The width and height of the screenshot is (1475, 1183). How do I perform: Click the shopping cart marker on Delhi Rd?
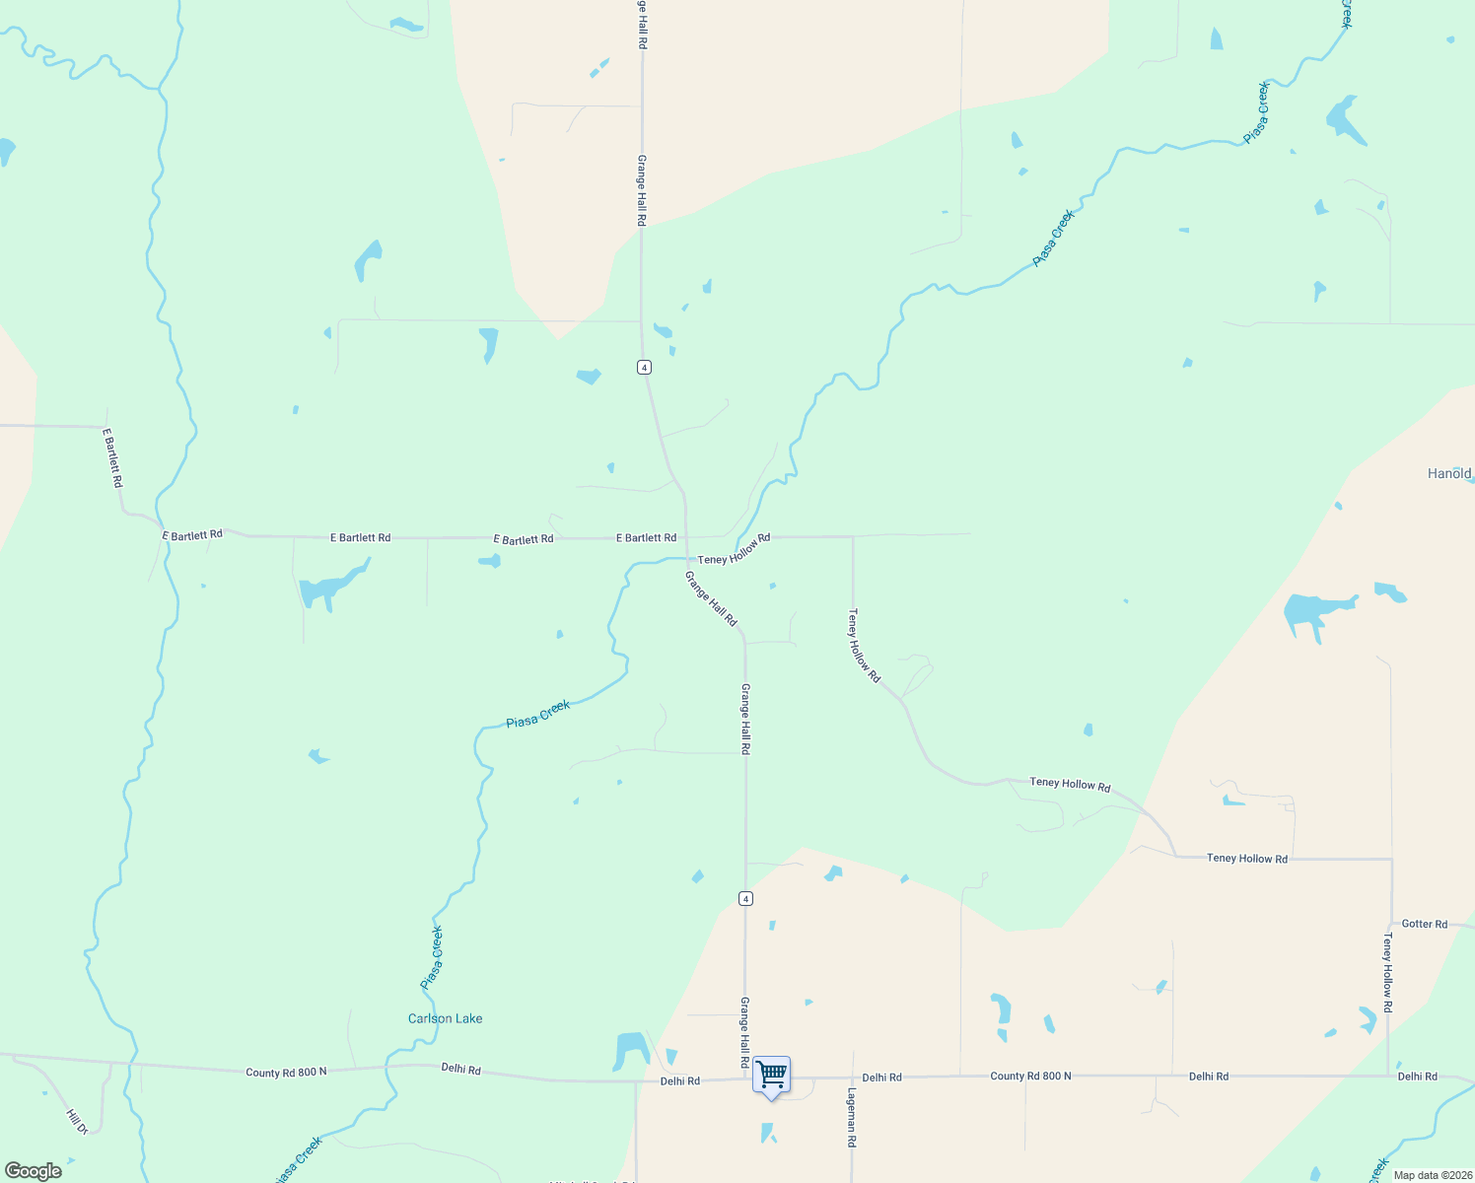pos(771,1076)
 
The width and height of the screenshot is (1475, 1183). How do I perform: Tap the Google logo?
pos(34,1170)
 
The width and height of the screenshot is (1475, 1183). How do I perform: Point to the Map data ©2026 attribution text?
pos(1432,1175)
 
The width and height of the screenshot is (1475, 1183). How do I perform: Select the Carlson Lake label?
pos(445,1018)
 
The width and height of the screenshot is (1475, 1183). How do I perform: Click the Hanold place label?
pos(1448,473)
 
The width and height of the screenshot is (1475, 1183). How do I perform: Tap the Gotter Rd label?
pos(1424,924)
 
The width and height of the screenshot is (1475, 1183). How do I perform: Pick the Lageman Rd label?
pos(852,1117)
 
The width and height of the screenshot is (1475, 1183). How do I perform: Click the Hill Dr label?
pos(77,1121)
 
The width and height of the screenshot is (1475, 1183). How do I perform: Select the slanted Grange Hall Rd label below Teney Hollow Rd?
pos(711,598)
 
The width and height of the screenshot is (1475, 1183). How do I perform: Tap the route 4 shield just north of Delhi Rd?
pos(745,898)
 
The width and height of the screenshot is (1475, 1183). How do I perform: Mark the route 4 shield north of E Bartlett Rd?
pos(644,367)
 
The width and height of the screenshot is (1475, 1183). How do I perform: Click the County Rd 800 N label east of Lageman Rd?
pos(1030,1076)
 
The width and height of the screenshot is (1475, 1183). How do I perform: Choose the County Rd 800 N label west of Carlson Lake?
pos(286,1072)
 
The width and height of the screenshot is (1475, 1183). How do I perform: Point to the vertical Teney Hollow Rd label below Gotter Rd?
pos(1387,973)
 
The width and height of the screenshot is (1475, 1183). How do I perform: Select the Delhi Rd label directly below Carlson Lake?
pos(460,1069)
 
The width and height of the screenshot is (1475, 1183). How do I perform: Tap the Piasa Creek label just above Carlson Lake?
pos(432,956)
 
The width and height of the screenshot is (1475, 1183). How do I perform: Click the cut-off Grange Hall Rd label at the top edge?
pos(642,20)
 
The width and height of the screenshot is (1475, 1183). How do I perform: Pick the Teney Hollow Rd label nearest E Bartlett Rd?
pos(734,550)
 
